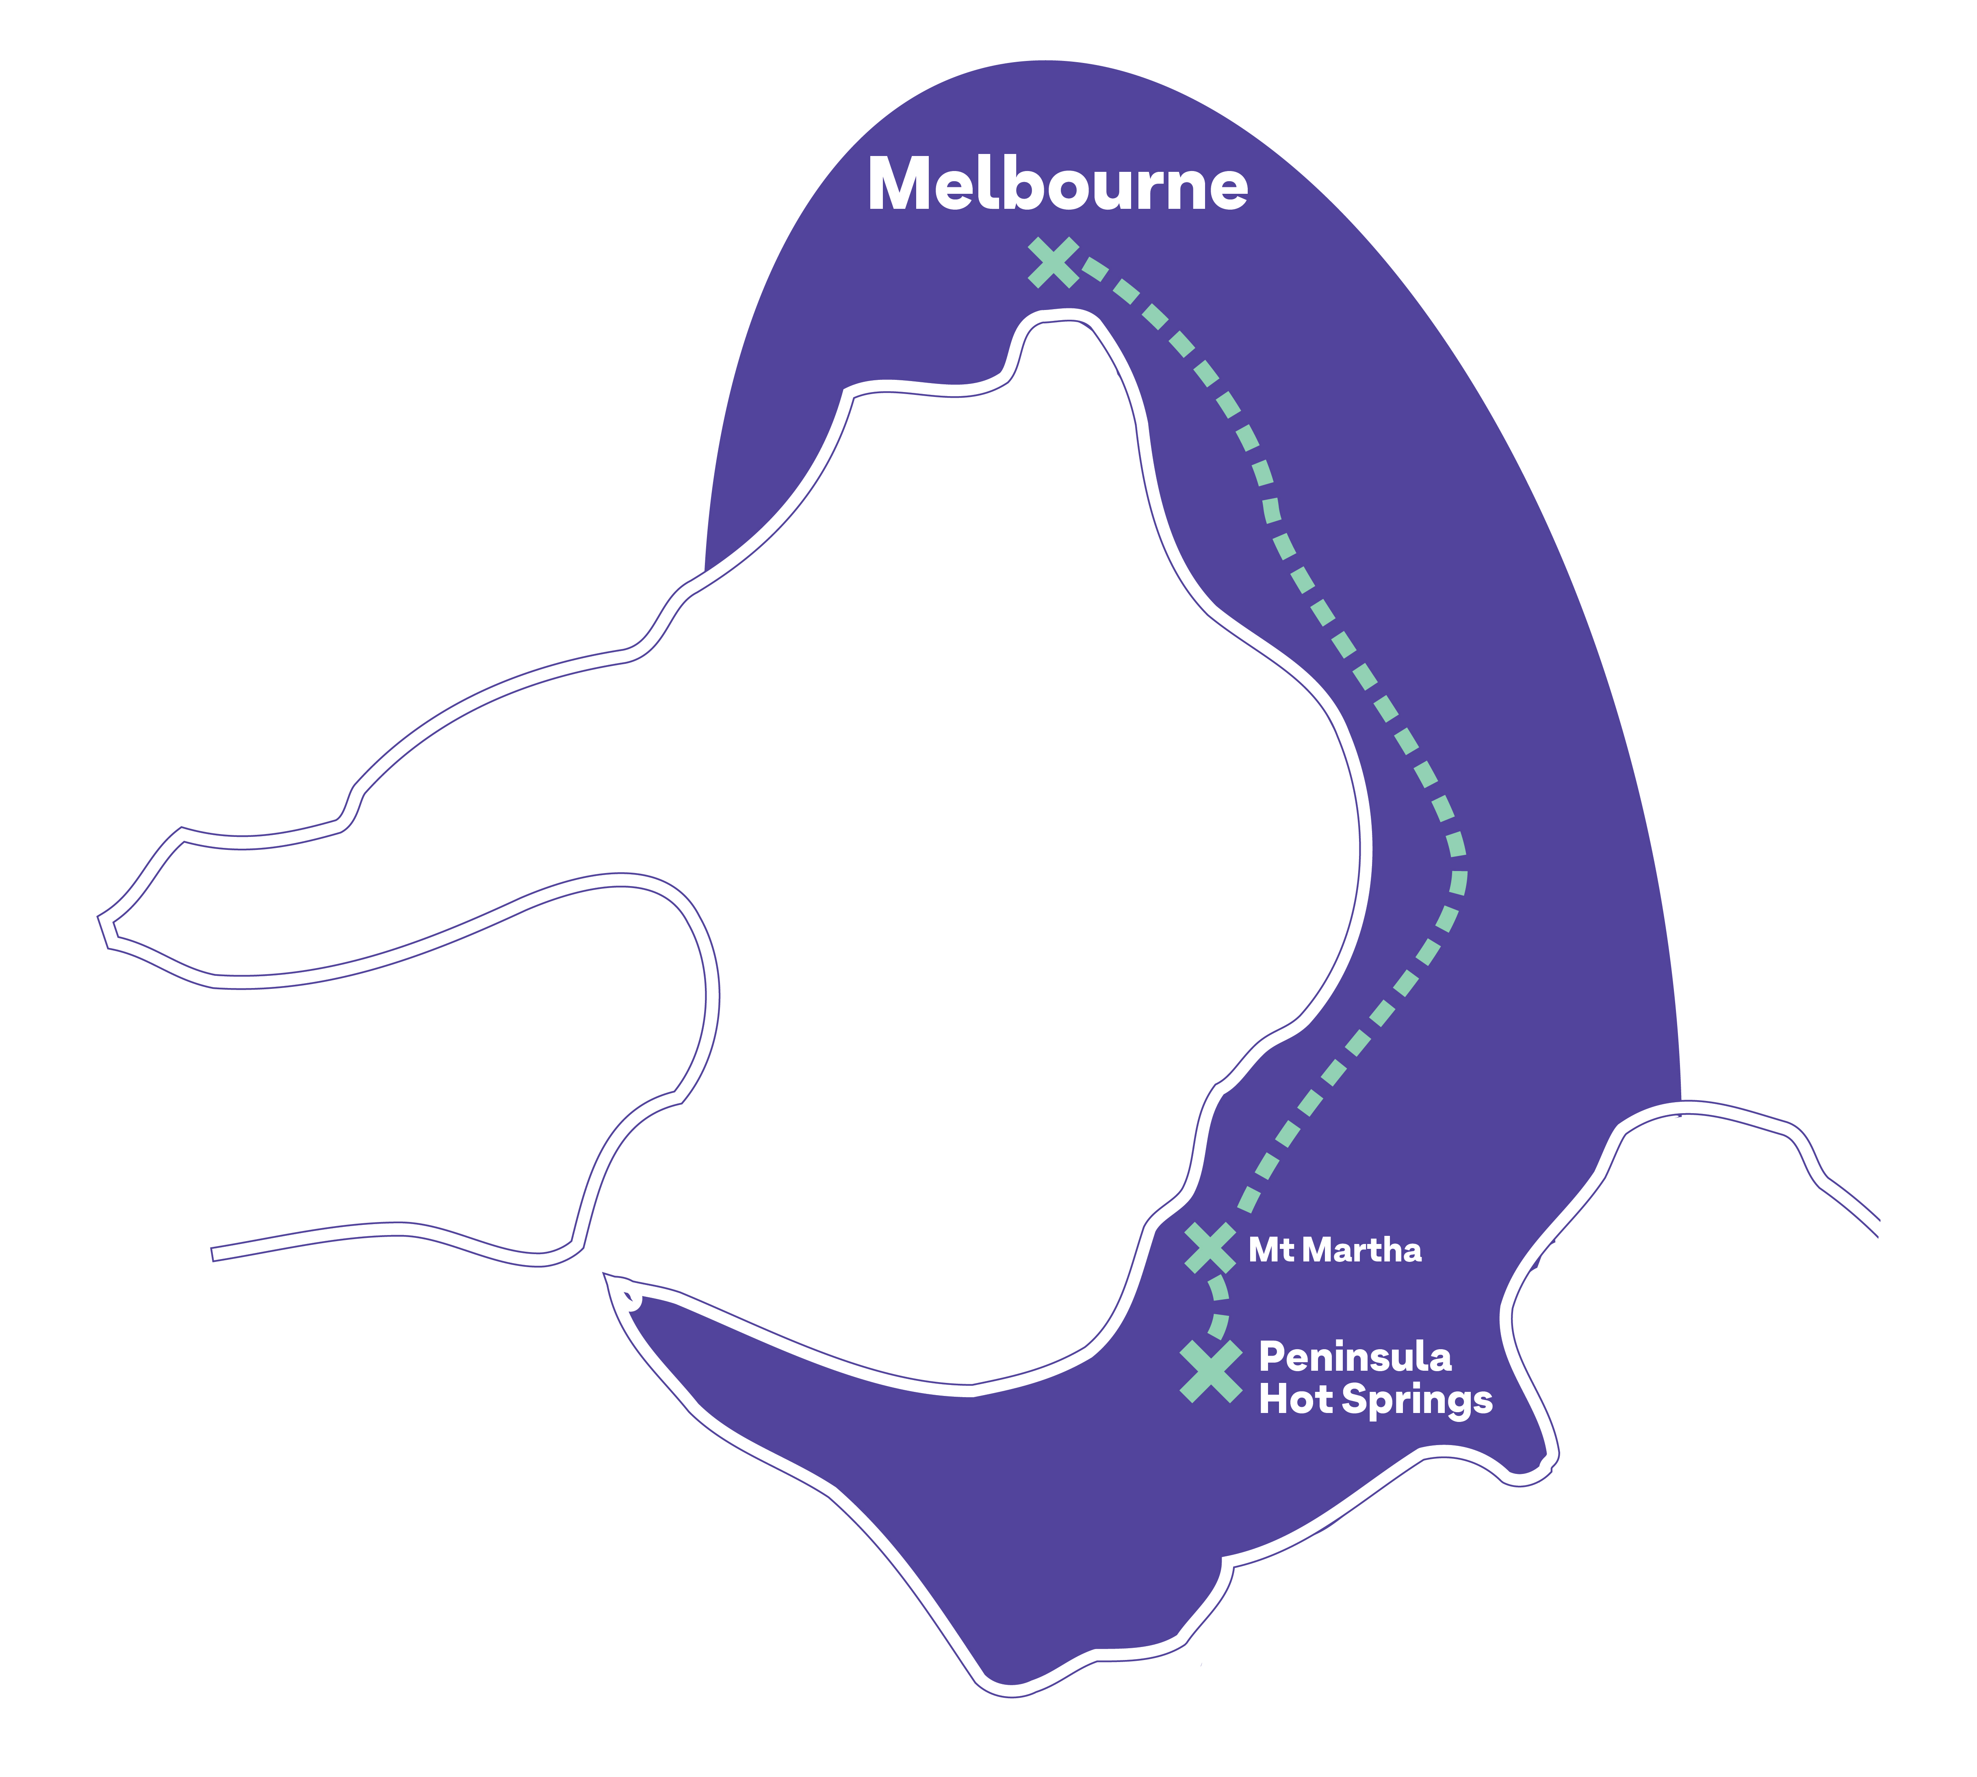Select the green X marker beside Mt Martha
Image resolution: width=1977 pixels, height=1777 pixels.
[x=1210, y=1248]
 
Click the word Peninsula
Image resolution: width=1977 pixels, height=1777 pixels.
[x=1355, y=1356]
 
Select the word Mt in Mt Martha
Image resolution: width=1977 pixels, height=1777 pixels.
[x=1271, y=1250]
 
